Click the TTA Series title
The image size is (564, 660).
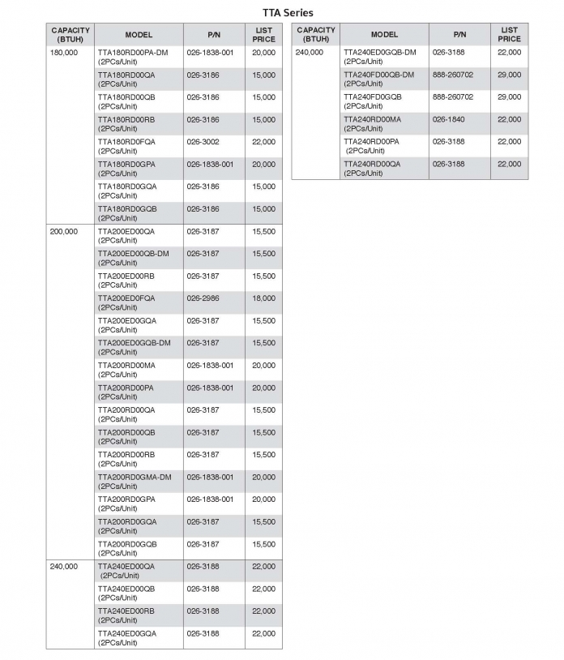pyautogui.click(x=288, y=12)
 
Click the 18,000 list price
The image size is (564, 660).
pyautogui.click(x=263, y=298)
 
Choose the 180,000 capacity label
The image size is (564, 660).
pyautogui.click(x=64, y=53)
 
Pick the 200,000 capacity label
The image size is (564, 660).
pyautogui.click(x=64, y=232)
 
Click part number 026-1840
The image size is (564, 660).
pyautogui.click(x=448, y=119)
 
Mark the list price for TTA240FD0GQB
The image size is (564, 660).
pyautogui.click(x=509, y=97)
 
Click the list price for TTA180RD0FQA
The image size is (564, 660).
pyautogui.click(x=263, y=142)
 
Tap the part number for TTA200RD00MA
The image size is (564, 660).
pyautogui.click(x=210, y=366)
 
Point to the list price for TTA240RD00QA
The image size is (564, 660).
pyautogui.click(x=509, y=164)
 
